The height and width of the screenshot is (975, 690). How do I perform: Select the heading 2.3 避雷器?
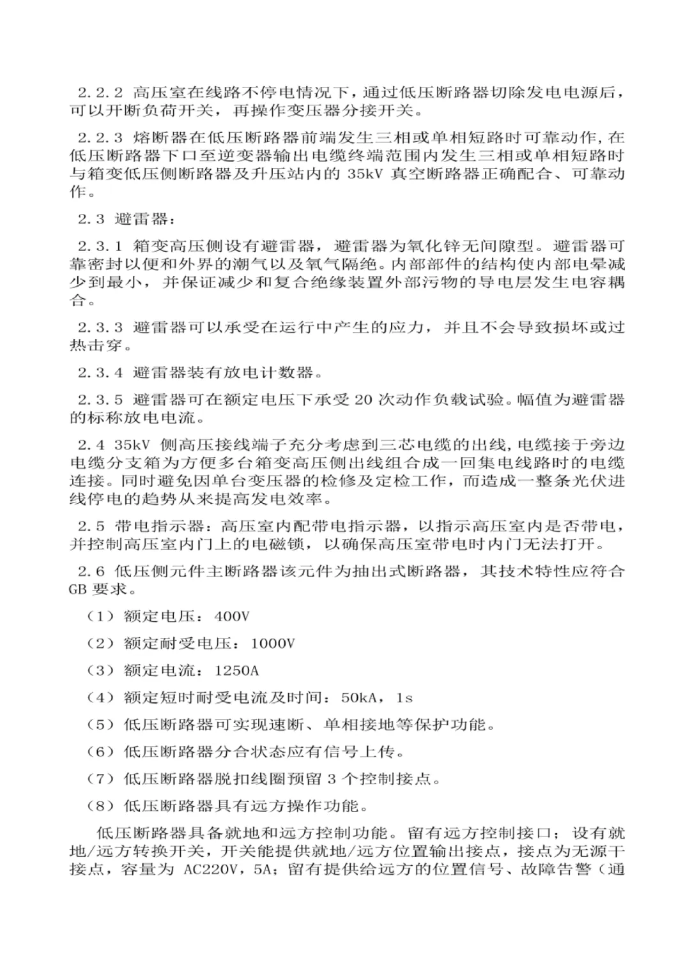coord(125,219)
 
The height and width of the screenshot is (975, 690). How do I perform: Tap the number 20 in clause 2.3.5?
coord(362,400)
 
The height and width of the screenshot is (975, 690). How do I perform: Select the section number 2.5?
coord(91,525)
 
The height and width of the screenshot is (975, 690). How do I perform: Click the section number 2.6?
coord(91,571)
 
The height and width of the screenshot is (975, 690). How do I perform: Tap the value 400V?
coord(232,616)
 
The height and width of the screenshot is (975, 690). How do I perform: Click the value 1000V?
coord(273,644)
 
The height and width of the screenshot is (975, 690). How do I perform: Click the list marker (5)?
coord(100,725)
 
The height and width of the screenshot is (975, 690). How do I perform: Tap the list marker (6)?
coord(100,752)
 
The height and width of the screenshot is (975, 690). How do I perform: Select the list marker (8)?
coord(100,806)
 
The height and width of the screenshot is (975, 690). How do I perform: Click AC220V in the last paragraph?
coord(214,869)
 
